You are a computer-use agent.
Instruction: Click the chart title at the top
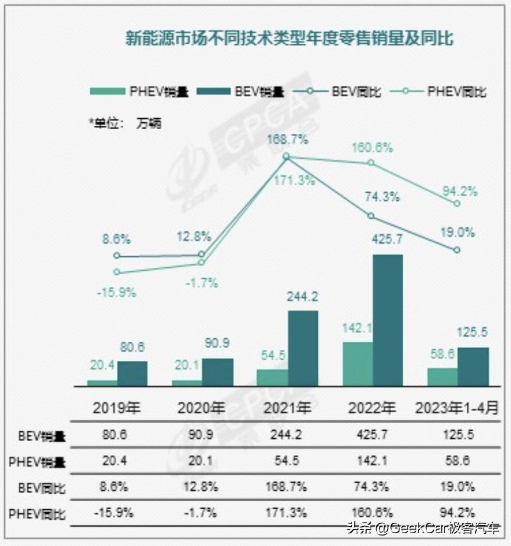[289, 38]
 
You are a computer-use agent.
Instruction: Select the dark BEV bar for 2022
[387, 320]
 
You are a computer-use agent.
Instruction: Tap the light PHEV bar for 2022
[357, 364]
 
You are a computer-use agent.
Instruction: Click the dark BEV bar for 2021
[303, 348]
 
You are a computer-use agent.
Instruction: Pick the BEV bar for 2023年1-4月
[473, 367]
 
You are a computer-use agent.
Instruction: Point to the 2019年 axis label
[114, 407]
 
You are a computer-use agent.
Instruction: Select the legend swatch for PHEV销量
[107, 91]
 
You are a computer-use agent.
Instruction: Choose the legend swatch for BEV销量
[214, 91]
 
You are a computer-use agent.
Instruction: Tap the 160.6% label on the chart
[372, 148]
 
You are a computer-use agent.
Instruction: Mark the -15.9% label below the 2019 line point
[116, 292]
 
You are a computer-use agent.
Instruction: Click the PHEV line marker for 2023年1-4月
[457, 203]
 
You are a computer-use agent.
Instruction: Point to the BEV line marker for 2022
[371, 216]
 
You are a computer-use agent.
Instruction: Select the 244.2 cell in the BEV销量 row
[286, 435]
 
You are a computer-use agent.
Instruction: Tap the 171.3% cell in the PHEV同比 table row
[286, 513]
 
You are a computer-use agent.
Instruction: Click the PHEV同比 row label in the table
[37, 514]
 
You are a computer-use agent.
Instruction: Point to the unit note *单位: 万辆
[125, 123]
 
